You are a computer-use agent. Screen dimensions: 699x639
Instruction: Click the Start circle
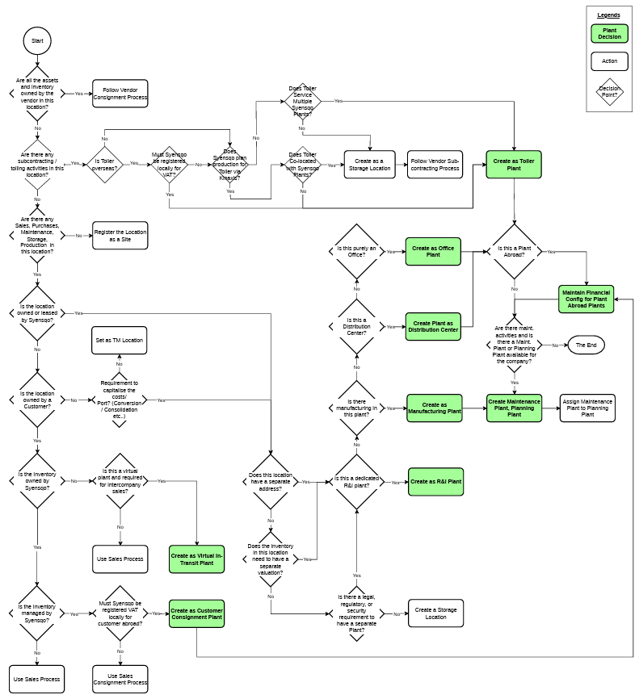(37, 40)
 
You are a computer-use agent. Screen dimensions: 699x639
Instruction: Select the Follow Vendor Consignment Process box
(120, 94)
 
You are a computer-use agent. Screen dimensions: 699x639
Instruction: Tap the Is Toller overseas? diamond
(104, 164)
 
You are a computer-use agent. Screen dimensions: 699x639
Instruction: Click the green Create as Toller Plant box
(513, 165)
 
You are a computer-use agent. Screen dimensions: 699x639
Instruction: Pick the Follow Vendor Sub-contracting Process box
(435, 165)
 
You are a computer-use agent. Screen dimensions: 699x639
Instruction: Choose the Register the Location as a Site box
(120, 235)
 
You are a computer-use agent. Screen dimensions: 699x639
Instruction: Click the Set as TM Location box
(119, 340)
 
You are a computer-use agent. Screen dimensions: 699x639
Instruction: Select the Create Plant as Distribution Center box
(432, 326)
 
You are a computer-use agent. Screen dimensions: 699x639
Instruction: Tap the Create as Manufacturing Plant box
(434, 408)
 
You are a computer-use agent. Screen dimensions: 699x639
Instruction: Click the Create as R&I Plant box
(435, 482)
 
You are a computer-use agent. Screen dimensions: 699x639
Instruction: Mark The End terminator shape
(586, 345)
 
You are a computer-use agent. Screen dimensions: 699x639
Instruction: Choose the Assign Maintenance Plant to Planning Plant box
(587, 408)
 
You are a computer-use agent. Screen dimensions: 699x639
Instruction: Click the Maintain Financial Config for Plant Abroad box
(586, 299)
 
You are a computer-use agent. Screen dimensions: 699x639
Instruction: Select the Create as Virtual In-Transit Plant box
(196, 559)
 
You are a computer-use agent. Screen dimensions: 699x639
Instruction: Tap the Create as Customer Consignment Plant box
(196, 614)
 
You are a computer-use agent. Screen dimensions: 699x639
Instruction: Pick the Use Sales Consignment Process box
(120, 679)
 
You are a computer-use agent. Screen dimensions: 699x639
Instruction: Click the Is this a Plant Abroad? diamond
(515, 251)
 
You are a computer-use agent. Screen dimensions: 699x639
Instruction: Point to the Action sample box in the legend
(609, 61)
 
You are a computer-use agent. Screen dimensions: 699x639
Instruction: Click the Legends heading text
(608, 15)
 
